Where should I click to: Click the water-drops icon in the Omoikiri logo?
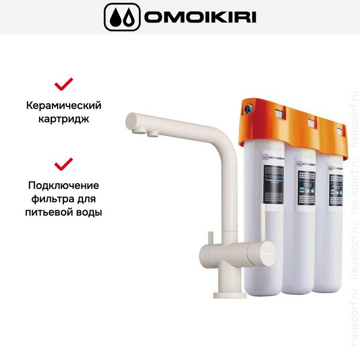click(122, 17)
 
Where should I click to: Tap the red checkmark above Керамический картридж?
click(63, 84)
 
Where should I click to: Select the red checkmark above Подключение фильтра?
click(63, 164)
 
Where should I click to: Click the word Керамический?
click(63, 105)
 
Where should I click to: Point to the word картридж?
click(63, 120)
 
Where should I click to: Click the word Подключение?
click(63, 185)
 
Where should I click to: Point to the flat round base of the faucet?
click(230, 295)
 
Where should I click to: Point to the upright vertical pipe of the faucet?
click(231, 190)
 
